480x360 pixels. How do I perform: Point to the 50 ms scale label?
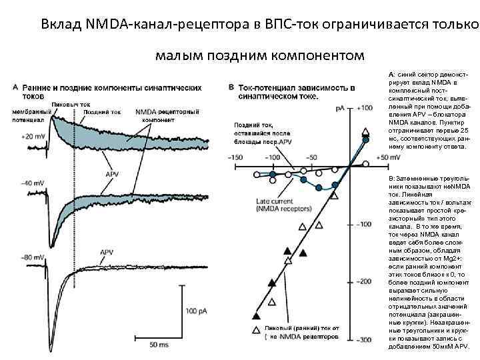click(x=159, y=345)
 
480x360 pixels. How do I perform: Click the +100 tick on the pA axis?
click(x=365, y=107)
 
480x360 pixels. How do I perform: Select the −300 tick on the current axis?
click(x=364, y=340)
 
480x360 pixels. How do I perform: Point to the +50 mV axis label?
click(x=389, y=157)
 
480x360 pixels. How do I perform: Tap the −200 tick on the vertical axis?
click(x=364, y=282)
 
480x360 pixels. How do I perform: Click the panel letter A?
click(x=15, y=87)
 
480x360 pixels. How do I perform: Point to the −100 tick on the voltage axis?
click(x=271, y=157)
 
